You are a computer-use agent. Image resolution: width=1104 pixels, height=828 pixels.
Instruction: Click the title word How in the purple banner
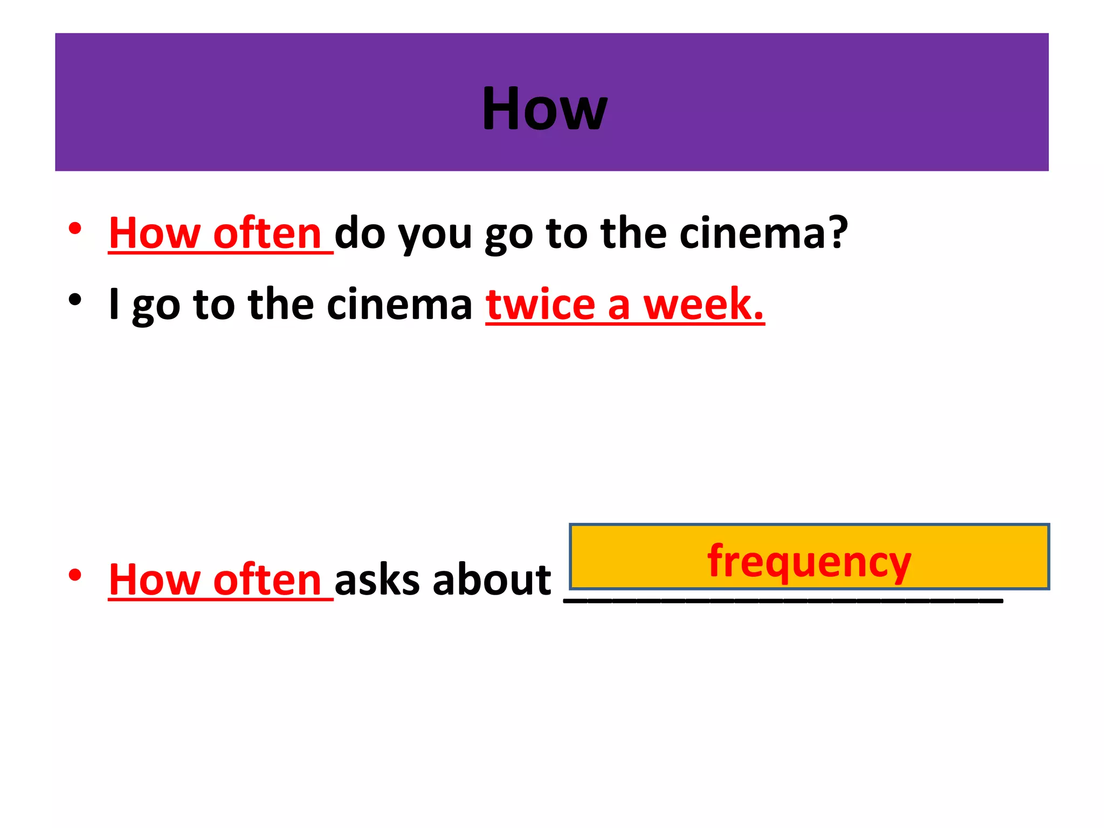[544, 109]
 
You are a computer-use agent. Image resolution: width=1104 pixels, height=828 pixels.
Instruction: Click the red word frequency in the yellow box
[809, 562]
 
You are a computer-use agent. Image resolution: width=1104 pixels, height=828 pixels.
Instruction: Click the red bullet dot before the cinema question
[75, 229]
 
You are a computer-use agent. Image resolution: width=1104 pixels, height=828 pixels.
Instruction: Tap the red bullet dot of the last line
[75, 575]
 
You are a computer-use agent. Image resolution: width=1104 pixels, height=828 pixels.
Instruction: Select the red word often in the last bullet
[267, 581]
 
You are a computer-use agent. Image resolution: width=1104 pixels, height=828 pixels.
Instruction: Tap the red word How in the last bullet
[154, 581]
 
